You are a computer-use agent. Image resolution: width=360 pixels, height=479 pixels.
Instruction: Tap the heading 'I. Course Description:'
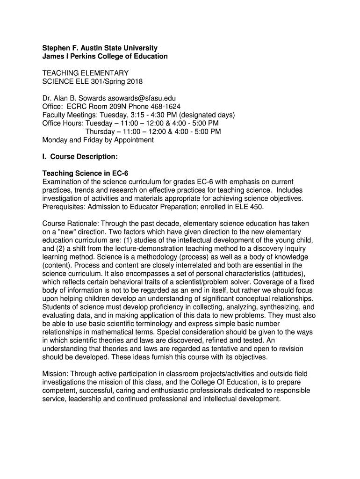pos(80,156)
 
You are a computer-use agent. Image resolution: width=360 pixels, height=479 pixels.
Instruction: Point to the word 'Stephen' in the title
pos(56,48)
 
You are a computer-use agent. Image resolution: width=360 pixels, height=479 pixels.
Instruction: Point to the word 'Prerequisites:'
pos(64,206)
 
